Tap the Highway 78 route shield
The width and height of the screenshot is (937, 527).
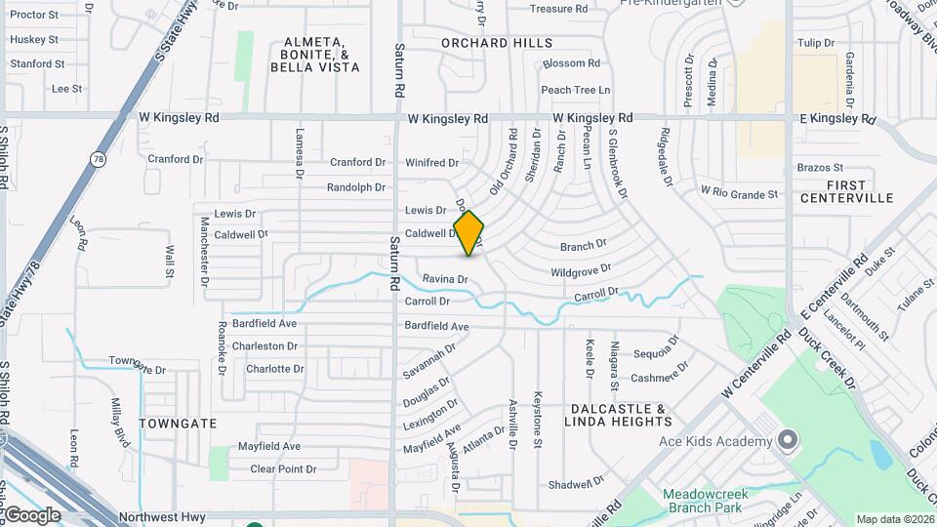coord(98,159)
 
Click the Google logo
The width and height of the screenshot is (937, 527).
coord(32,515)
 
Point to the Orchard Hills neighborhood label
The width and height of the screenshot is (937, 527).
coord(497,43)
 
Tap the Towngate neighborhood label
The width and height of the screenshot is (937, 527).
coord(177,424)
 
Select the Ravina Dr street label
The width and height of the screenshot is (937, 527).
coord(445,280)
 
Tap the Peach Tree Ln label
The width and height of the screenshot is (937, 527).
coord(575,90)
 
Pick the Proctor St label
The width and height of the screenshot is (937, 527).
coord(34,16)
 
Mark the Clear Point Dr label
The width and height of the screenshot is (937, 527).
coord(283,469)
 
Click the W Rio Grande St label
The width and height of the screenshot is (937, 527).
coord(739,194)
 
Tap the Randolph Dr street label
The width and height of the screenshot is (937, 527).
coord(356,187)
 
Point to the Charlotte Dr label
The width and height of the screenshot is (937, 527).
coord(274,369)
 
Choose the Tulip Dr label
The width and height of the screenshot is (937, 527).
coord(816,44)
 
